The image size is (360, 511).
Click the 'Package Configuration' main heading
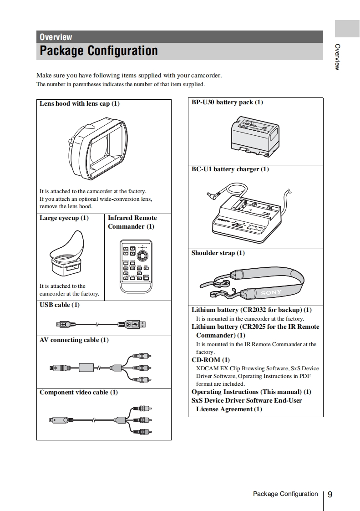click(99, 51)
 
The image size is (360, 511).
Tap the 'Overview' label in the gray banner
click(56, 37)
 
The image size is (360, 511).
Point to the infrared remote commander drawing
click(136, 267)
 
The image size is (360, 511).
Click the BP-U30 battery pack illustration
click(254, 135)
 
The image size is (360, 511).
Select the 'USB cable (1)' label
click(60, 305)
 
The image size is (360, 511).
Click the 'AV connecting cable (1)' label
click(74, 340)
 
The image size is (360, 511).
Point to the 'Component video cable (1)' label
click(79, 392)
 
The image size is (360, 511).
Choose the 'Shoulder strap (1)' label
click(218, 253)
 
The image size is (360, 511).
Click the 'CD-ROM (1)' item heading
click(211, 360)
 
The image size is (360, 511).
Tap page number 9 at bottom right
click(330, 494)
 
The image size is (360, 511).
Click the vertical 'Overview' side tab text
click(337, 57)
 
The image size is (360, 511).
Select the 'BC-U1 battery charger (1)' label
click(230, 169)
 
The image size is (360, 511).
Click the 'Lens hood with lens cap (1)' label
click(80, 103)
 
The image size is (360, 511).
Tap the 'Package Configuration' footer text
click(285, 494)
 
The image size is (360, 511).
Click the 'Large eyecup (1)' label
click(64, 218)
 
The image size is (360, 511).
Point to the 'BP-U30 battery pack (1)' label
click(227, 102)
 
